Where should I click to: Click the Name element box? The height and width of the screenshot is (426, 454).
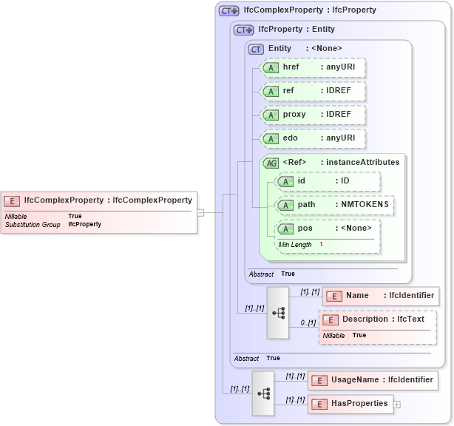coord(381,296)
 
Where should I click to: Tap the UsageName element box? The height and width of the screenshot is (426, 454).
coord(372,380)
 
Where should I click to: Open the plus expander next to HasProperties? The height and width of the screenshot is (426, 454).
coord(397,405)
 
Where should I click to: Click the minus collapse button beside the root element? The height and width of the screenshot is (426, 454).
coord(200,212)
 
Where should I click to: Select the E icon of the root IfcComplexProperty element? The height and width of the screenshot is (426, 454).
coord(12,200)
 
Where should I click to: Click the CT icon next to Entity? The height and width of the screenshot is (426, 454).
coord(256,49)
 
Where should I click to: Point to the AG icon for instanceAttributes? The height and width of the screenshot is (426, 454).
coord(271,163)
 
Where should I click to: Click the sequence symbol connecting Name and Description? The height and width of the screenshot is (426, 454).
coord(278,313)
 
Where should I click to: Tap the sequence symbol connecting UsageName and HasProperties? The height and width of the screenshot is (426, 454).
coord(263,392)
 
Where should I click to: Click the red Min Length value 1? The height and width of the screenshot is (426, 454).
coord(322,244)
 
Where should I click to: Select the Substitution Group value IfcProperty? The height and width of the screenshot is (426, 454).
coord(84,223)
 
